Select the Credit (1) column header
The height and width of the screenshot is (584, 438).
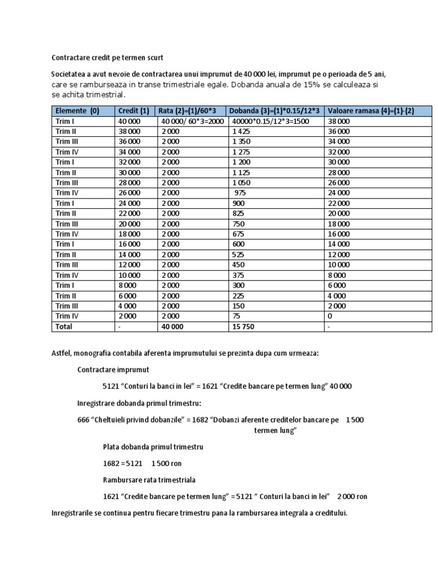[133, 111]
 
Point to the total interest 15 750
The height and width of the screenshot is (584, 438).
[244, 327]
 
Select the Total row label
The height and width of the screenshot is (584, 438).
[64, 327]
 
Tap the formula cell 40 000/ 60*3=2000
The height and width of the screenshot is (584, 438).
[191, 121]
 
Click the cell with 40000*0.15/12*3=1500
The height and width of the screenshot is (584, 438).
[270, 121]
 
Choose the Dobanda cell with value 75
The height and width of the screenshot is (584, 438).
[236, 316]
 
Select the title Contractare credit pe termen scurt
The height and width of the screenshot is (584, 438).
[107, 58]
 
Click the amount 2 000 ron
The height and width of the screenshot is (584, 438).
[352, 496]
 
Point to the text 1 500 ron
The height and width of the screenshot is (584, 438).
[167, 464]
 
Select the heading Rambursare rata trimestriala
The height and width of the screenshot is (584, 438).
[149, 480]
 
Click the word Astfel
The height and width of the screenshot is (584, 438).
[62, 353]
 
